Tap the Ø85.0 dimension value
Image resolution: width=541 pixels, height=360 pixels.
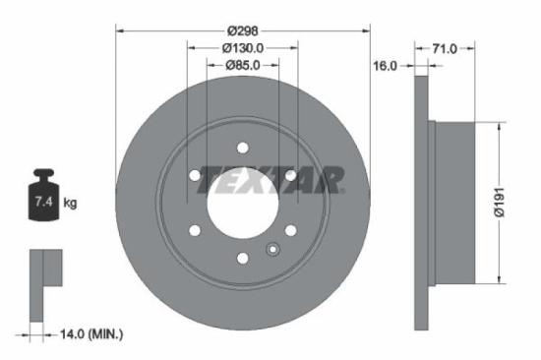243,66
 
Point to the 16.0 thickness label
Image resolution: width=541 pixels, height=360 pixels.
384,66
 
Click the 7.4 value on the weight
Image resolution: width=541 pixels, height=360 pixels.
41,204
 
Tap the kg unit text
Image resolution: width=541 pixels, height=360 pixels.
70,204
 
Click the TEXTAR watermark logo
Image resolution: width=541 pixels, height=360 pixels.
271,178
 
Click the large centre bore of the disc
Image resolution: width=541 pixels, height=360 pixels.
243,204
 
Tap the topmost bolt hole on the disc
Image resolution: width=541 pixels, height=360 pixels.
243,148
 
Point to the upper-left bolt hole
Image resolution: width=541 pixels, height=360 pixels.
195,176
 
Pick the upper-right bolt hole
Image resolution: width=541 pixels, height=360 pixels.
291,176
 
